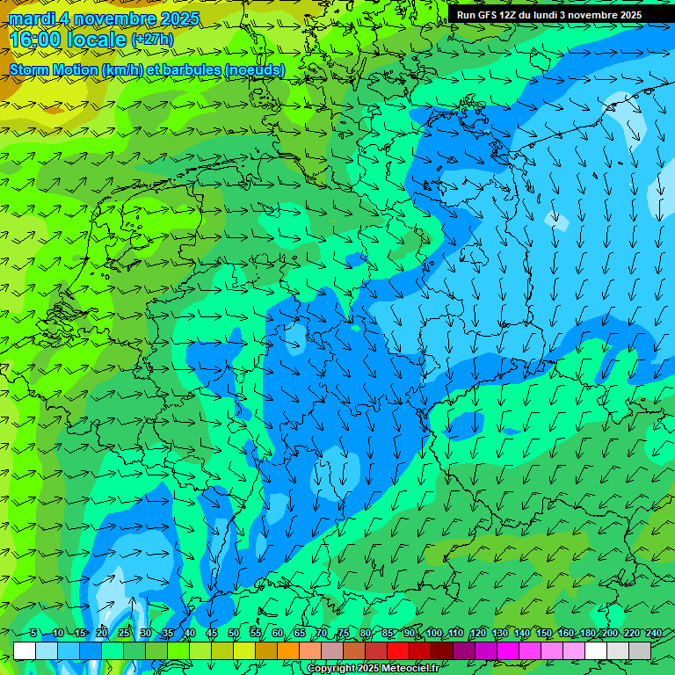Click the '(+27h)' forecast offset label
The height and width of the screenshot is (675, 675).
point(152,40)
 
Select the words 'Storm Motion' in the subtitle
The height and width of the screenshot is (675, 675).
point(53,69)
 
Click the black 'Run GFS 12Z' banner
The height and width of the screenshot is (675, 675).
point(548,15)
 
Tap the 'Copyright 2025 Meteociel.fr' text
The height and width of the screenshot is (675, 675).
point(372,669)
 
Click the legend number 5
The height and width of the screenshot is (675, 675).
point(33,634)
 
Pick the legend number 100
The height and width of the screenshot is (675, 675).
point(433,634)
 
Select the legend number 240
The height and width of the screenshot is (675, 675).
point(653,634)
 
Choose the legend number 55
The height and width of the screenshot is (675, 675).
point(256,634)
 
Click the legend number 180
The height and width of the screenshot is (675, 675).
point(587,634)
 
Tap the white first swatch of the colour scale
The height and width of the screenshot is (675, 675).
point(25,650)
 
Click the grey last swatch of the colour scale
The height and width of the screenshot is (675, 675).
point(640,650)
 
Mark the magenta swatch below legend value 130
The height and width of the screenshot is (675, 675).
point(508,650)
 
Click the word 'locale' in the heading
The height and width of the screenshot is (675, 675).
point(91,39)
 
